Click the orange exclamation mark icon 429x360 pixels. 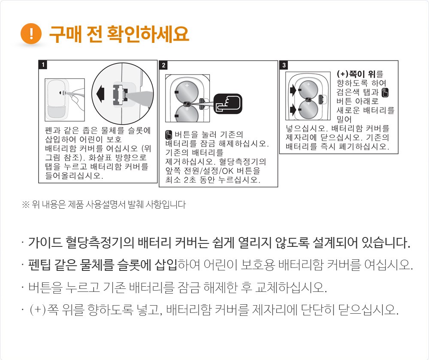pos(31,33)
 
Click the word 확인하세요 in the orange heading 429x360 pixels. pos(148,34)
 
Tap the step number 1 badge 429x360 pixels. pos(43,65)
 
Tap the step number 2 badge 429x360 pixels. pos(163,65)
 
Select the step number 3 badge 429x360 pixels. pos(284,65)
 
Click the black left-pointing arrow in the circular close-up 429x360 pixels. pos(100,93)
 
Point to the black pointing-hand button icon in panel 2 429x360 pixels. pos(228,104)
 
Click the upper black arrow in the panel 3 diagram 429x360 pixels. pos(293,90)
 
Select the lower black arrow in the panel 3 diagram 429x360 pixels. pos(293,110)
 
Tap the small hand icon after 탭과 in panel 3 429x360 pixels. pos(385,93)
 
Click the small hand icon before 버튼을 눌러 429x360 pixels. pos(169,135)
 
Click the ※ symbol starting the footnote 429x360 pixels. pos(25,204)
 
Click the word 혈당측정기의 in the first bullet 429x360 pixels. pos(100,242)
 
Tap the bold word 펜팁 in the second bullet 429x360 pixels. pos(39,265)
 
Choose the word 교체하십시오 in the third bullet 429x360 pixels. pos(291,287)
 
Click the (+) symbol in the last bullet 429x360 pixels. pos(38,310)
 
